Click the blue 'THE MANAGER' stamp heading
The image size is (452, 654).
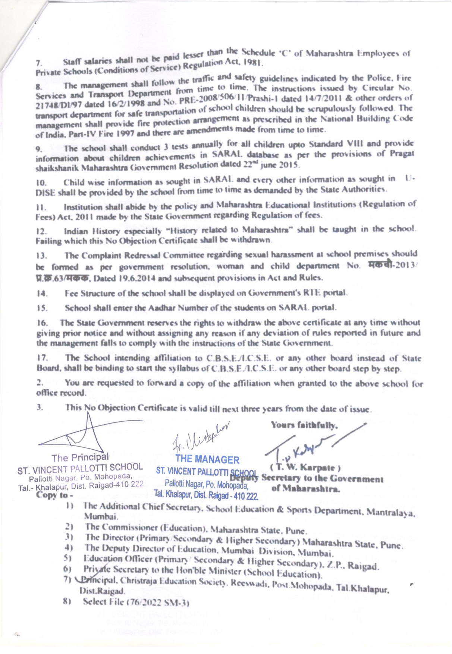[207, 459]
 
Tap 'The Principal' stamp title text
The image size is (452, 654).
[80, 457]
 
